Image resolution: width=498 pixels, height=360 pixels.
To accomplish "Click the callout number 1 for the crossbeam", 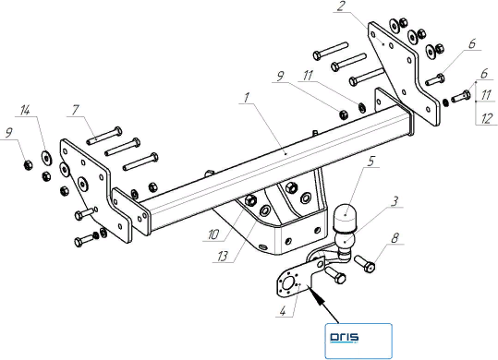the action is [247, 98].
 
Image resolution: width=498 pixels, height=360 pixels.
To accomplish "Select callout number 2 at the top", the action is [341, 7].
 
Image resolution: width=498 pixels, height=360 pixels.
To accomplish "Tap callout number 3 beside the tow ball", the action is [395, 202].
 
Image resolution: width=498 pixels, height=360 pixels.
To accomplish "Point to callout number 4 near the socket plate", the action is [283, 311].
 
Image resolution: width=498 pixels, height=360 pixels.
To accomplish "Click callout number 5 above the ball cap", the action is [371, 162].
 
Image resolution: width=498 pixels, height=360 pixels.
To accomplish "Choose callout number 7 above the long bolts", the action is [75, 111].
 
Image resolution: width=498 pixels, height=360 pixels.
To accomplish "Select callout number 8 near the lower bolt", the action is [395, 238].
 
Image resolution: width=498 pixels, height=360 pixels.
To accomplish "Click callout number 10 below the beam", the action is [213, 235].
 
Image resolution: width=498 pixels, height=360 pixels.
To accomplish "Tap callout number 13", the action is [223, 257].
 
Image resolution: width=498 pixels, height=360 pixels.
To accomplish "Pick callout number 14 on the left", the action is [25, 111].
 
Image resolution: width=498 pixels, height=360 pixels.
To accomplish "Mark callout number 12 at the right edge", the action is [487, 119].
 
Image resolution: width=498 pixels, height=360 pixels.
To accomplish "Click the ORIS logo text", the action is [345, 338].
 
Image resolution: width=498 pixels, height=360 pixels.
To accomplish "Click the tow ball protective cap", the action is [345, 216].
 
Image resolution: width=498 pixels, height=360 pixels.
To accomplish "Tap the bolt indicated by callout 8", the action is [365, 264].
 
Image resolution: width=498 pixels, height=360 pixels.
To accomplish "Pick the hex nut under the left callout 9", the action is [29, 165].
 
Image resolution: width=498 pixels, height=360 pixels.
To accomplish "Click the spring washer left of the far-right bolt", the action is [445, 102].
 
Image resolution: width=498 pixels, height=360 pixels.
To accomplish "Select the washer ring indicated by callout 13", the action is [264, 210].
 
